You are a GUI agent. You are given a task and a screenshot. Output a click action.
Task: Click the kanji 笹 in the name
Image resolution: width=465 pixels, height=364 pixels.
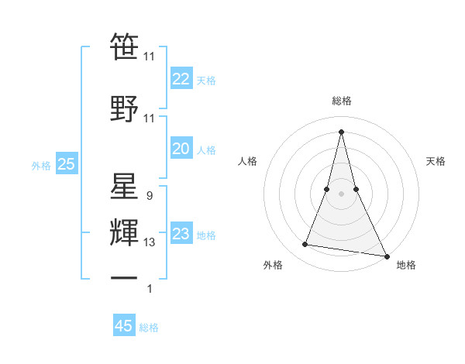(124, 46)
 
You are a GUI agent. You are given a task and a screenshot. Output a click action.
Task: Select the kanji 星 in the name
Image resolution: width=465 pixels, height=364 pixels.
(124, 187)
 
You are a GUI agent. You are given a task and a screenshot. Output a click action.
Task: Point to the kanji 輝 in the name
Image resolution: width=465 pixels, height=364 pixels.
(124, 232)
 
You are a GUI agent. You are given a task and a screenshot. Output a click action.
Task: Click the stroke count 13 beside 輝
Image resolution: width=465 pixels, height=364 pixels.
(150, 242)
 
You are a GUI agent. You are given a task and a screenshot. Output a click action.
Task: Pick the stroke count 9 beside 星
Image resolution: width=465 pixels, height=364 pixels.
(150, 196)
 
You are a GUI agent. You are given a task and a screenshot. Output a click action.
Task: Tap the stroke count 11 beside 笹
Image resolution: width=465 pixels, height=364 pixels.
(150, 57)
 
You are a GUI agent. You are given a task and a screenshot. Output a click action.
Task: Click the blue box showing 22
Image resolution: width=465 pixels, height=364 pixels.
(181, 79)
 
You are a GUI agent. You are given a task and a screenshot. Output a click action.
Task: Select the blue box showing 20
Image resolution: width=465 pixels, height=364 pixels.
(181, 149)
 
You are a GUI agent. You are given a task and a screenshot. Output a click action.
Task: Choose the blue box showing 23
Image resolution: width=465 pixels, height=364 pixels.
(181, 234)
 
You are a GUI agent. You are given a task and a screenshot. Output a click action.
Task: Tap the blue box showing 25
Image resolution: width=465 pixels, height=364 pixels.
(66, 164)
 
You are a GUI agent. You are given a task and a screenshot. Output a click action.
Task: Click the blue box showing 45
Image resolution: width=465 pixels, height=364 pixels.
(124, 326)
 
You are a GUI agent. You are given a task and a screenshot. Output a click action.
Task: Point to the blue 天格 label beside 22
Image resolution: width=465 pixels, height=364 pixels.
(206, 80)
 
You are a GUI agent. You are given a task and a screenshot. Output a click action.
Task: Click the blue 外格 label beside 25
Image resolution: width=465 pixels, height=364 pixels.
(41, 165)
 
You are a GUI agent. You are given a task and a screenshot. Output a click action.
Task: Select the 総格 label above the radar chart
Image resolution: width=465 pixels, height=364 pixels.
(342, 101)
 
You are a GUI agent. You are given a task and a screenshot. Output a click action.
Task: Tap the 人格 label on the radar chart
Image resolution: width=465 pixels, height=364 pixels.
(248, 161)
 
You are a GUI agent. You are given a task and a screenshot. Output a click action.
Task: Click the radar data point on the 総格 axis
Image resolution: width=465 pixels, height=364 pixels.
(342, 131)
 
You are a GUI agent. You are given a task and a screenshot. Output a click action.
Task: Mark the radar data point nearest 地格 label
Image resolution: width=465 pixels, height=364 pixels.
(387, 256)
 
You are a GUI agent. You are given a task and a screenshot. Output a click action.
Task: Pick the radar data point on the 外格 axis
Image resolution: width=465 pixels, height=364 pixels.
(305, 245)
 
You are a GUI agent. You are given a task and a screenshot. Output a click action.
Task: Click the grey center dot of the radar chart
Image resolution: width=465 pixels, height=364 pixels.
(342, 194)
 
